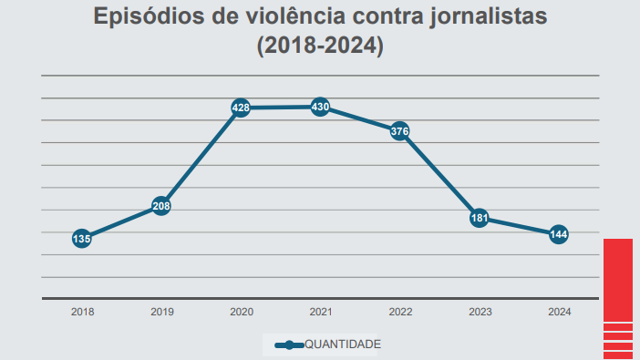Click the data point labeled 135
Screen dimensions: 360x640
point(81,239)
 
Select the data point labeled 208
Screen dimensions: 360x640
point(161,206)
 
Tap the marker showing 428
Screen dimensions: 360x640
point(241,108)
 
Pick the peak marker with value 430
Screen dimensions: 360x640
point(320,107)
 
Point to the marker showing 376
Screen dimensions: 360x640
point(399,131)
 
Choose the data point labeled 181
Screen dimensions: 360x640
point(480,218)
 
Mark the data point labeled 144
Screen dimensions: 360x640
point(559,235)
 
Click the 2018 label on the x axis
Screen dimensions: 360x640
point(82,312)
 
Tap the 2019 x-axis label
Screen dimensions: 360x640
point(161,312)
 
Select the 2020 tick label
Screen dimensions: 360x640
point(241,312)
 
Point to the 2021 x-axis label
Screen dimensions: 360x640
point(320,312)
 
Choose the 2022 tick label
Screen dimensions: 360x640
point(400,312)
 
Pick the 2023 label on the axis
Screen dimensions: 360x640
point(480,312)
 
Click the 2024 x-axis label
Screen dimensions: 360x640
point(559,312)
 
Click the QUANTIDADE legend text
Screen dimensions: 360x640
point(342,345)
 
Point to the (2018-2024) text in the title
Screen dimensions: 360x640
point(320,46)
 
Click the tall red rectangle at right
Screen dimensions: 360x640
point(618,279)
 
